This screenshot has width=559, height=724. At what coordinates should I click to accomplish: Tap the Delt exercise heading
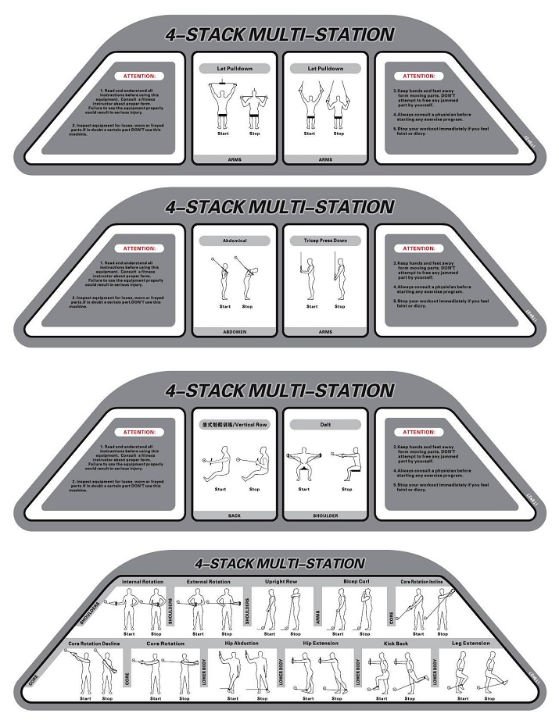point(325,425)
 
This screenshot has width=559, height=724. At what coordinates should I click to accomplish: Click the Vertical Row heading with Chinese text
point(235,425)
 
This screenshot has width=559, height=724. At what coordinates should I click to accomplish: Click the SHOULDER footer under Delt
point(325,515)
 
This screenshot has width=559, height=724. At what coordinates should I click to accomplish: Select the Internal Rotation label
point(143,582)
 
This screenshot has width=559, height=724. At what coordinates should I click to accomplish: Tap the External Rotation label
point(209,582)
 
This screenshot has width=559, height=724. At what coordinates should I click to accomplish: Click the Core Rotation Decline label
point(95,644)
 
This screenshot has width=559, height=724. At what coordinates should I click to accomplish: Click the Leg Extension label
point(471,644)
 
